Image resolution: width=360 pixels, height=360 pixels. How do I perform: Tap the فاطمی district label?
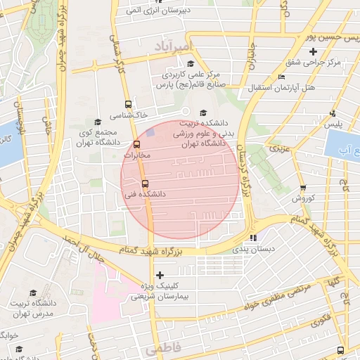pyautogui.click(x=163, y=349)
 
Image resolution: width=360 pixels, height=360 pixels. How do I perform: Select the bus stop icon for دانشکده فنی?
pyautogui.click(x=145, y=183)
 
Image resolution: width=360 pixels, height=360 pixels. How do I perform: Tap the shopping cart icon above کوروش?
pyautogui.click(x=303, y=188)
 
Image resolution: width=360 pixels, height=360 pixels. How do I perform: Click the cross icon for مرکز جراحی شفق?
pyautogui.click(x=322, y=51)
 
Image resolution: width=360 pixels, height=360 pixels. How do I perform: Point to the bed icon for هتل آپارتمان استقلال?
pyautogui.click(x=282, y=77)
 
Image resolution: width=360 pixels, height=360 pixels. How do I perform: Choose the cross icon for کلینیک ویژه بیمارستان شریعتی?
pyautogui.click(x=160, y=275)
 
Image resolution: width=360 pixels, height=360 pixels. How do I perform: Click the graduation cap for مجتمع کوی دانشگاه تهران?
pyautogui.click(x=97, y=122)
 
